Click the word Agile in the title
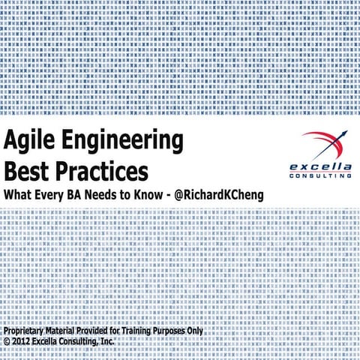(x=29, y=141)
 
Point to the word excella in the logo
(x=319, y=166)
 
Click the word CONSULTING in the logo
(x=319, y=175)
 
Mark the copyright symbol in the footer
(x=7, y=341)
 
